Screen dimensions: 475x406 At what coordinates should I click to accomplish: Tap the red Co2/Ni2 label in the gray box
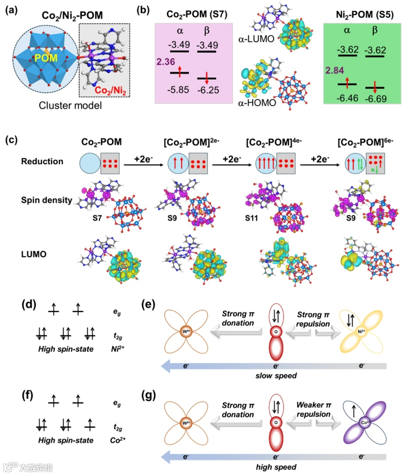110,91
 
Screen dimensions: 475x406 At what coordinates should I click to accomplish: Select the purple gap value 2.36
166,62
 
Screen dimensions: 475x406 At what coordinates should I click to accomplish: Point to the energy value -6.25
208,90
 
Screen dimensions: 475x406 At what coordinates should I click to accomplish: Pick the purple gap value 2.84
335,70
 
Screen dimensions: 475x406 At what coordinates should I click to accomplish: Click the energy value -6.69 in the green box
376,99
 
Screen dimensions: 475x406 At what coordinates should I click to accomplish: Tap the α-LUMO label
256,39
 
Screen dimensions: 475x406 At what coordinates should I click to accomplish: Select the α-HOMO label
257,103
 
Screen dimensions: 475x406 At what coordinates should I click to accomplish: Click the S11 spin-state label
251,218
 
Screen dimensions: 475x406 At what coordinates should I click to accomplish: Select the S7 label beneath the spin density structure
97,218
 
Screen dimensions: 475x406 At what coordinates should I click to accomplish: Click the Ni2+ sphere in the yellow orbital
361,332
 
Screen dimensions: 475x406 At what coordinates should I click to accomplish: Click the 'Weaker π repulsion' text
314,410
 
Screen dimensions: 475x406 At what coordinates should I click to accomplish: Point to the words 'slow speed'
276,376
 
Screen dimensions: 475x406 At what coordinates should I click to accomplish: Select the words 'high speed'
276,467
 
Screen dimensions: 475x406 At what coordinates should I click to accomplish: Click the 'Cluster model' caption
70,106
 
